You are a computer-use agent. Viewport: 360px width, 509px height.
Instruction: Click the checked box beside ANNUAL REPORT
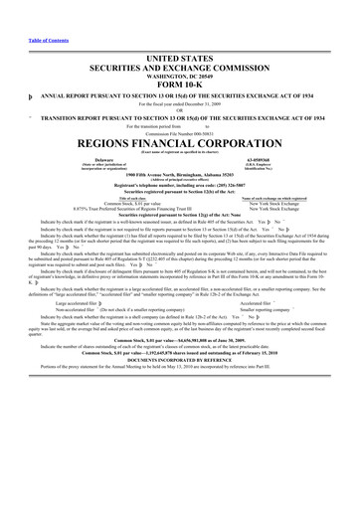pos(7,70)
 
